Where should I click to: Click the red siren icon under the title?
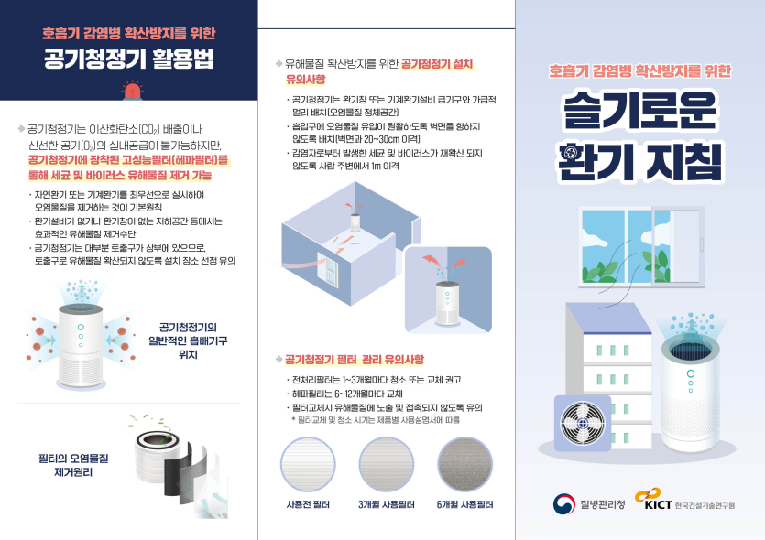click(x=132, y=92)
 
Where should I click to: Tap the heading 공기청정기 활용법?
click(x=129, y=59)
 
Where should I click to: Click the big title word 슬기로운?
click(x=639, y=110)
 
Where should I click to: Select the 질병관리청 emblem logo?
click(x=563, y=504)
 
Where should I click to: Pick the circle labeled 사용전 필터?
click(x=308, y=464)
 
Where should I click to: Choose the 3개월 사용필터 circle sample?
click(x=387, y=464)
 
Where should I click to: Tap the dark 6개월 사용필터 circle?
click(x=464, y=464)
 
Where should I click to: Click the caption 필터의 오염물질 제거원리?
click(x=73, y=465)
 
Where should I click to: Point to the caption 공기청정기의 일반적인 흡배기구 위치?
click(x=188, y=340)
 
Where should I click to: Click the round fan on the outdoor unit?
click(x=583, y=423)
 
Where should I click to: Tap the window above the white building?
click(x=641, y=247)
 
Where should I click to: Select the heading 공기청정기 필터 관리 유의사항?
click(x=355, y=360)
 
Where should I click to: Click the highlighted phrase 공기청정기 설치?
click(x=437, y=64)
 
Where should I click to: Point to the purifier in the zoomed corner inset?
click(x=447, y=303)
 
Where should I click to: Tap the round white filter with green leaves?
click(x=157, y=453)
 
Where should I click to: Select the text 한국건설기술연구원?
click(x=705, y=505)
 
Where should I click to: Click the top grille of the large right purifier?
click(x=690, y=350)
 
